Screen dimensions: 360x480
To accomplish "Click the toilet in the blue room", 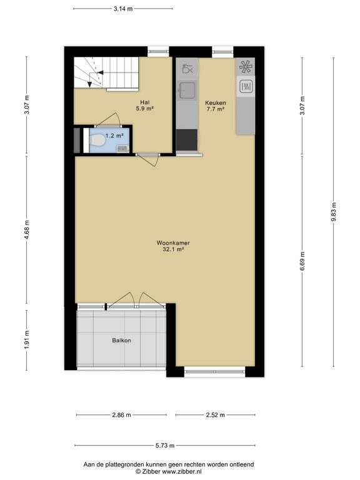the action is click(x=96, y=141).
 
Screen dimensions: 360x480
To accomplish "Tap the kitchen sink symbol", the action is click(x=187, y=90).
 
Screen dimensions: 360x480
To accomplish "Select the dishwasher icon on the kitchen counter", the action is click(x=187, y=69).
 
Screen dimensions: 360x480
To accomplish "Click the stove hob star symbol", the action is click(x=246, y=67).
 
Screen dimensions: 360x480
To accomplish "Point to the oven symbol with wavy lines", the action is click(x=246, y=86).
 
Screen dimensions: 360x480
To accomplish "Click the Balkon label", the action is click(x=121, y=341).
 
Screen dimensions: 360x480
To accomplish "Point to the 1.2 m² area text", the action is click(x=114, y=135).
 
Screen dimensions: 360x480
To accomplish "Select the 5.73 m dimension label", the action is click(x=165, y=446).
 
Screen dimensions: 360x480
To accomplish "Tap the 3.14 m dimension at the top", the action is click(x=123, y=9).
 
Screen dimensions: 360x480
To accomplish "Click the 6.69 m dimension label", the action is click(x=302, y=261).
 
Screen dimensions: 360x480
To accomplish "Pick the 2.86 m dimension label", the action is click(x=121, y=415).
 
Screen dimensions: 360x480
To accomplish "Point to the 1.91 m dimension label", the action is click(x=27, y=340).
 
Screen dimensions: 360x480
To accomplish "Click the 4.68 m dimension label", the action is click(x=27, y=230).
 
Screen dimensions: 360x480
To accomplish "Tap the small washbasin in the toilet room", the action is click(x=122, y=149).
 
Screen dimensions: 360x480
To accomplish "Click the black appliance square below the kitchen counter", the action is click(x=187, y=140).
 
